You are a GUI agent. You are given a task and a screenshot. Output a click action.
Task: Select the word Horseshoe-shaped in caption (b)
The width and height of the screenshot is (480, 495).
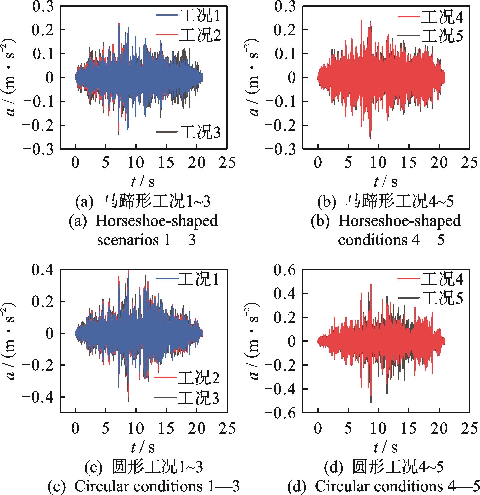(399, 221)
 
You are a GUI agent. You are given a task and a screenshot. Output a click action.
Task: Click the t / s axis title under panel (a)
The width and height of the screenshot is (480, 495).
(143, 182)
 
